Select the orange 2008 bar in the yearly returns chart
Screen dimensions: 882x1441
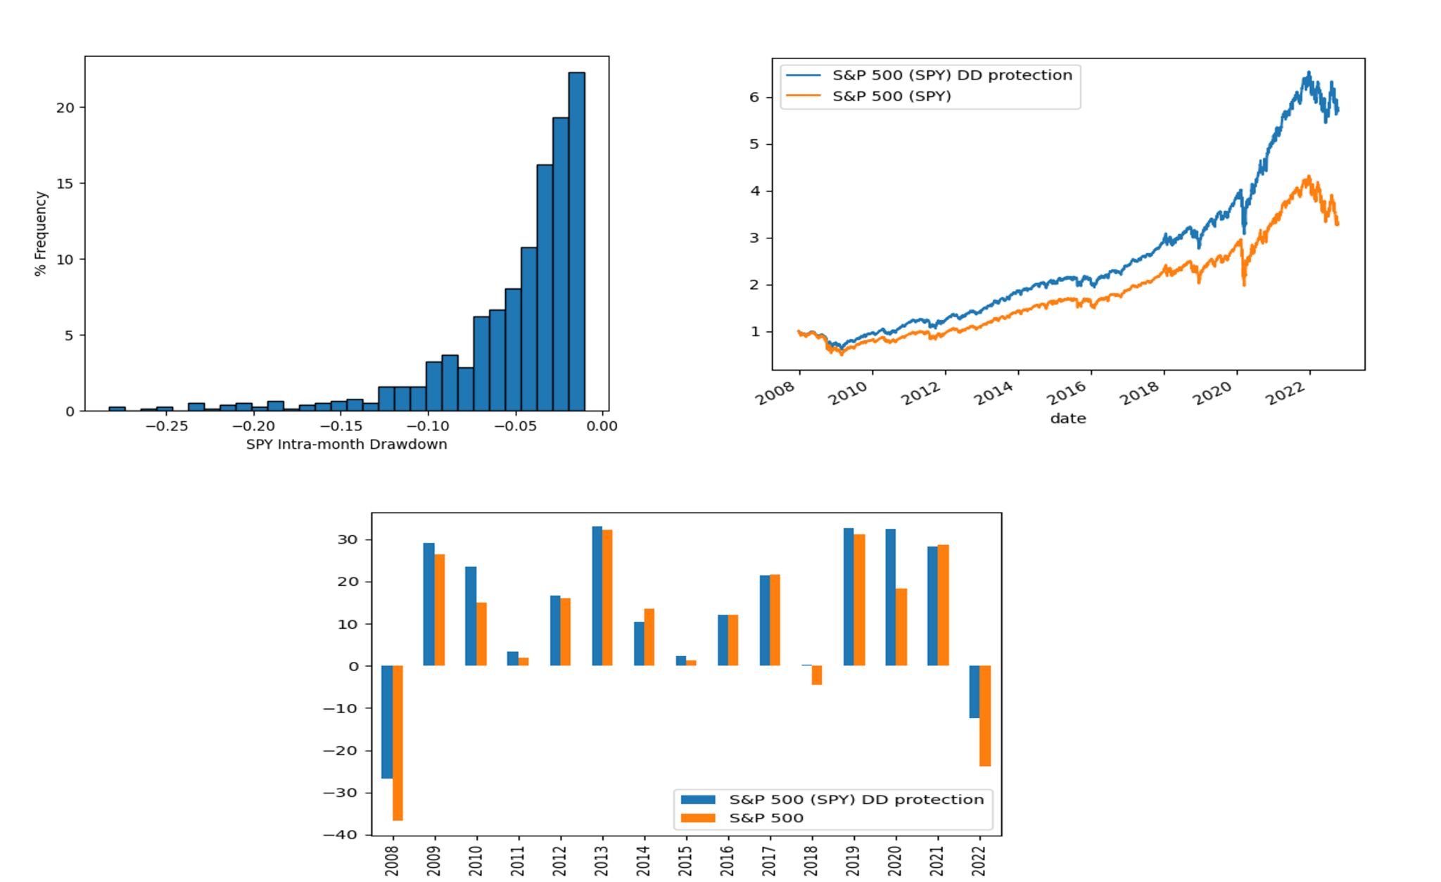(398, 743)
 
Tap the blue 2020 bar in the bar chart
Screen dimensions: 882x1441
(890, 597)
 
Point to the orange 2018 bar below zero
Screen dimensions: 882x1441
(817, 675)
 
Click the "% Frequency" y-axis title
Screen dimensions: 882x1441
(41, 234)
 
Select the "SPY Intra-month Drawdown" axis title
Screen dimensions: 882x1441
(346, 445)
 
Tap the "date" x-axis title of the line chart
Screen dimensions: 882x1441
(1067, 418)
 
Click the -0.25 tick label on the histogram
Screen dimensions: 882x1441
(166, 426)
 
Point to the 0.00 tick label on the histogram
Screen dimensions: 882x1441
(602, 426)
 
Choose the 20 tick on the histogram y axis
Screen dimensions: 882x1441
(65, 108)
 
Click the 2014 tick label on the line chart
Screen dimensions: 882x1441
(995, 394)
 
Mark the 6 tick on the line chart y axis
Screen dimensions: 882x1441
(754, 97)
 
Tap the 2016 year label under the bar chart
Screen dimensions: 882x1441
(728, 860)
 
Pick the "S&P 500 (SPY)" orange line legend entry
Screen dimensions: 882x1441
(891, 96)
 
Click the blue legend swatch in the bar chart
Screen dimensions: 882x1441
(697, 800)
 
